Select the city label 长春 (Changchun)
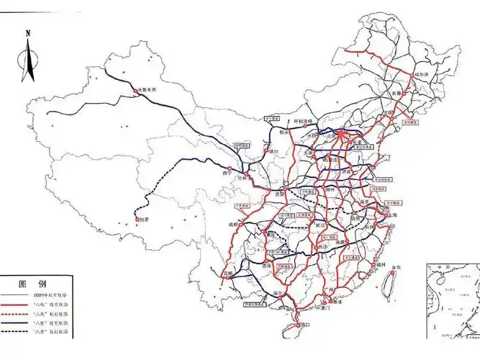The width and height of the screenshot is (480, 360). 398,94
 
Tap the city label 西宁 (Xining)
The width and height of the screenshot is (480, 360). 228,173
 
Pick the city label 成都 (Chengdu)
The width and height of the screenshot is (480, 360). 233,225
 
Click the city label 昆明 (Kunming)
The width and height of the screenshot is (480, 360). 228,274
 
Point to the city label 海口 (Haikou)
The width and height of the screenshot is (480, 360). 304,325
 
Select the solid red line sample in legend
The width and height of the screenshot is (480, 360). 15,305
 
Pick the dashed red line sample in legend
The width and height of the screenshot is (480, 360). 15,314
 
